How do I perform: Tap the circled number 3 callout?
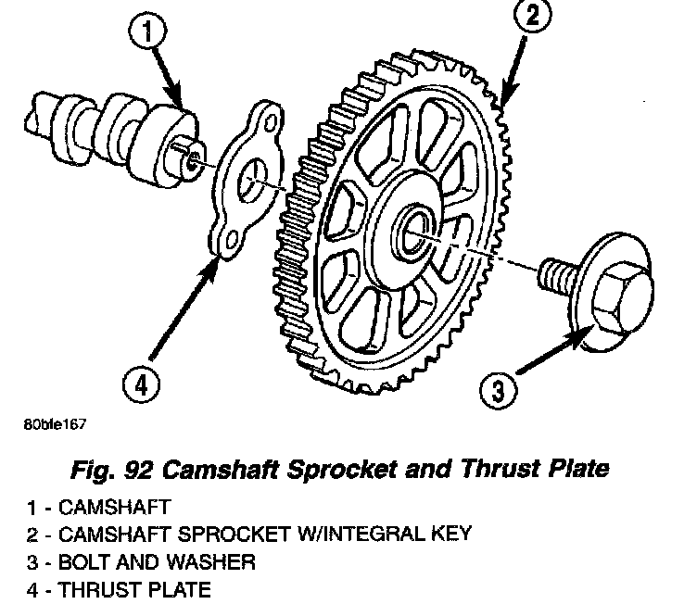coord(499,393)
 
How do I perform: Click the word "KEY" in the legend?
coord(449,535)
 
